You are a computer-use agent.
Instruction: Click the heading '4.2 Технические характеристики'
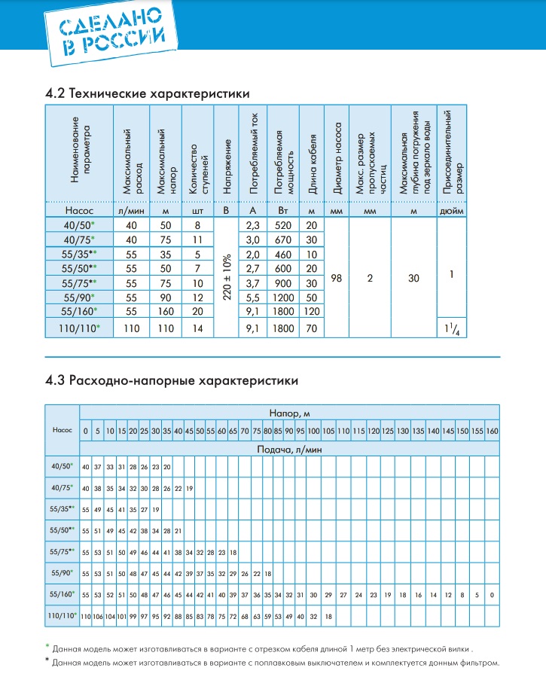[148, 93]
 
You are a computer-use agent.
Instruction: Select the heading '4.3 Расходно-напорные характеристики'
[172, 380]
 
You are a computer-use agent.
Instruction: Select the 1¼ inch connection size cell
[450, 328]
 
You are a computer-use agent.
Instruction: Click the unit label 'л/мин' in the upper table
[131, 211]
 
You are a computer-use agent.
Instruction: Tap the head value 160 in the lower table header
[492, 431]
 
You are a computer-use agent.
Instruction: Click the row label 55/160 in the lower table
[62, 594]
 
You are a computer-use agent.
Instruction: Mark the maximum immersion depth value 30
[413, 279]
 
